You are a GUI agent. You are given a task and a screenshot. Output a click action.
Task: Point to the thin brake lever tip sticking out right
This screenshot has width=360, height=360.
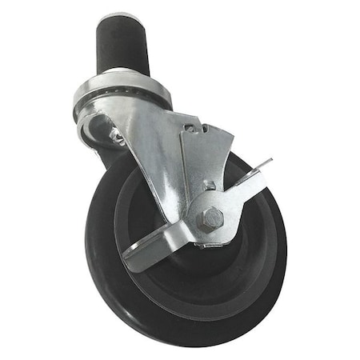[265, 165]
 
